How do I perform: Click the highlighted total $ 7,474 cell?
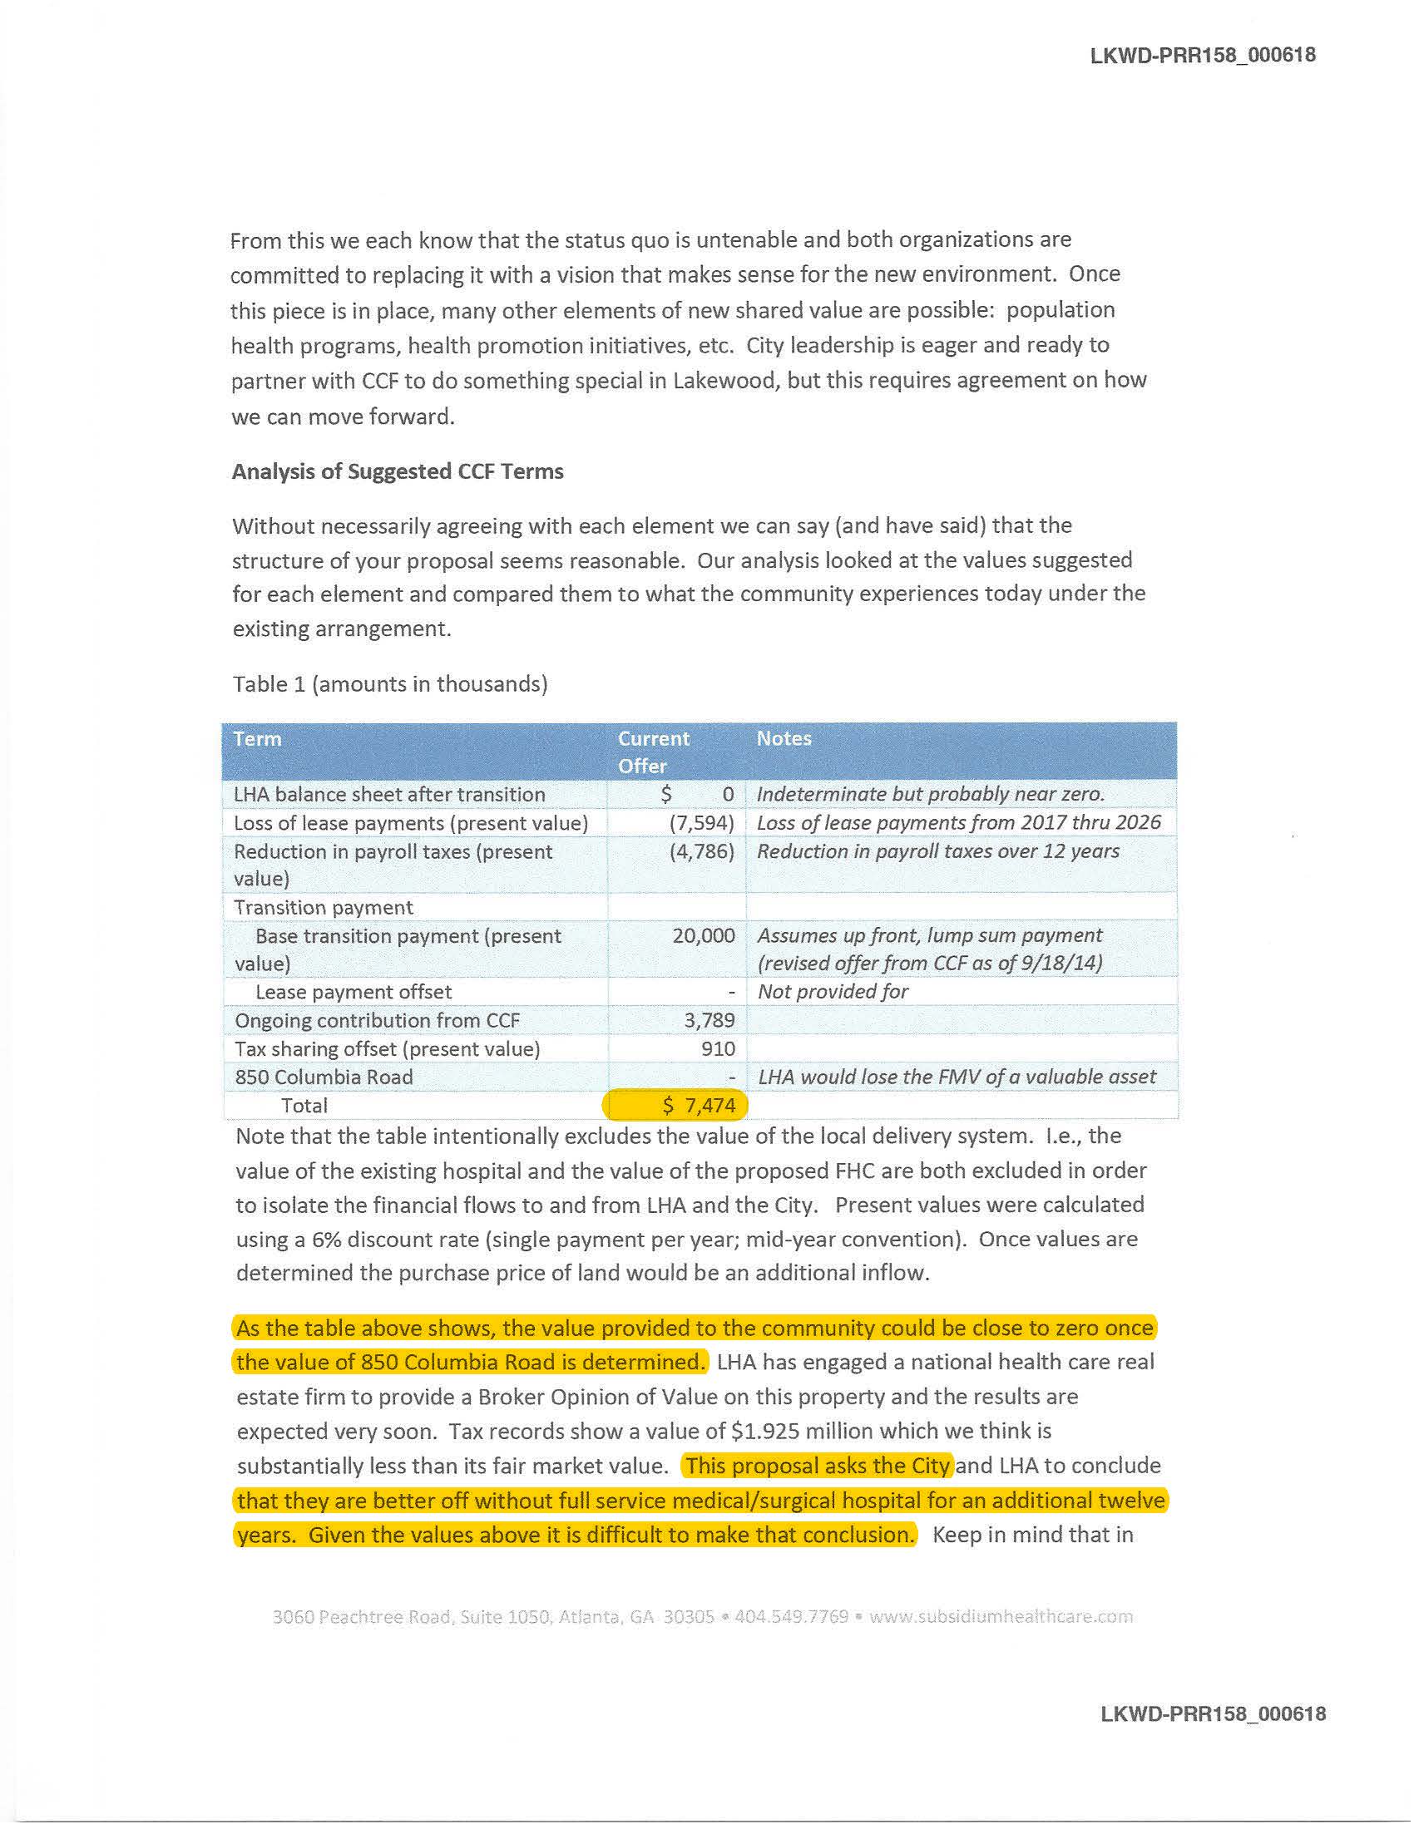point(675,1106)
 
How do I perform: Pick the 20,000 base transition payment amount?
point(703,935)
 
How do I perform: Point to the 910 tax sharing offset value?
point(718,1048)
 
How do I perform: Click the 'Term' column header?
point(257,738)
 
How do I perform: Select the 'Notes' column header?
point(784,738)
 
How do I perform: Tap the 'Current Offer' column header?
point(653,752)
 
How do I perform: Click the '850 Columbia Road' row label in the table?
point(324,1077)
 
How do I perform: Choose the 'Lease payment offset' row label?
point(353,992)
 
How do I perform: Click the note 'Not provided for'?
point(832,992)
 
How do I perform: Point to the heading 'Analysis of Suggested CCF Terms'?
point(397,471)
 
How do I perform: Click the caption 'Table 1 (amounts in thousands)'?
point(389,684)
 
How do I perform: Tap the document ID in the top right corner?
point(1202,55)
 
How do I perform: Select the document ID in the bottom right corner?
point(1212,1713)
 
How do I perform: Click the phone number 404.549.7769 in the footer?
point(791,1616)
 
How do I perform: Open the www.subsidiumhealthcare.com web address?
point(1000,1616)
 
